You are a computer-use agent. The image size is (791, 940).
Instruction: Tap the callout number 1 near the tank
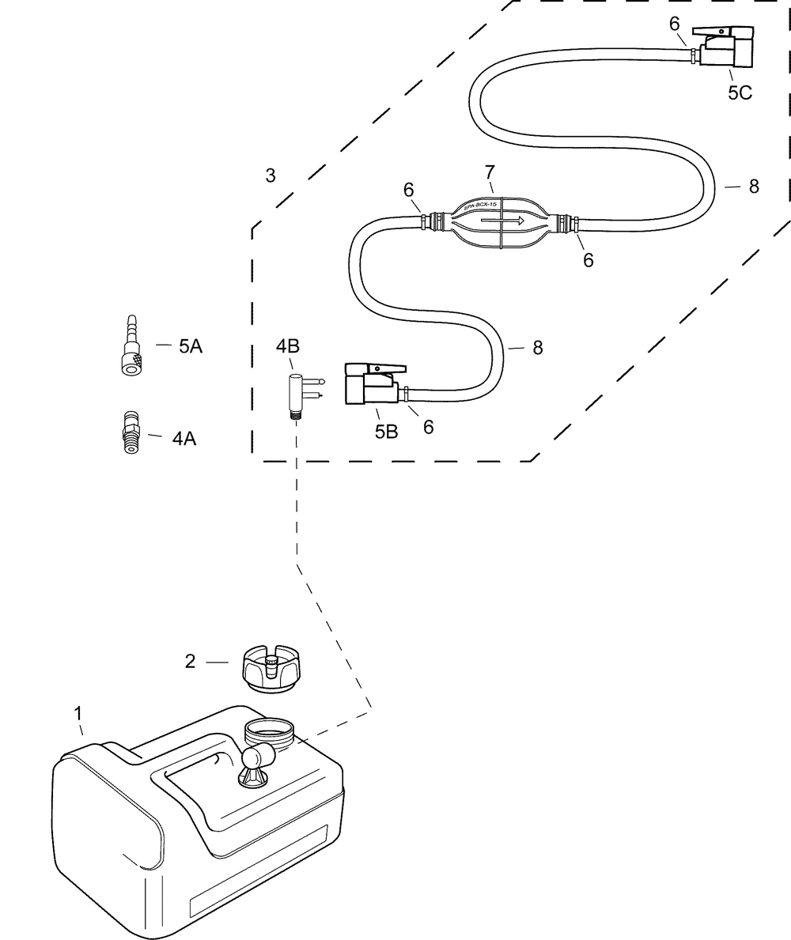78,713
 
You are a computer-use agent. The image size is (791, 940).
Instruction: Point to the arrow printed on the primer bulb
513,222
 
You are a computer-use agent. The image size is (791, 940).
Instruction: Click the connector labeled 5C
725,48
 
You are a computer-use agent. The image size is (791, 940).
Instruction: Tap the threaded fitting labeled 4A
128,433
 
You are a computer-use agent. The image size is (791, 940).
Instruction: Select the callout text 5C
740,93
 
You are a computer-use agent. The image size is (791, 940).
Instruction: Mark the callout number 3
271,176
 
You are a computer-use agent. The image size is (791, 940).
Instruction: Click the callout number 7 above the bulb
490,173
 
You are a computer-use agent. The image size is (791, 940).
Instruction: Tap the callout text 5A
190,345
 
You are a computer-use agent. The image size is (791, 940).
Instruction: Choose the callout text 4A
184,439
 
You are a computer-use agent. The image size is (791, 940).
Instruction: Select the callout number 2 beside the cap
190,662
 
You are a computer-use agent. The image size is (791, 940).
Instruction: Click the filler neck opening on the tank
269,728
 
